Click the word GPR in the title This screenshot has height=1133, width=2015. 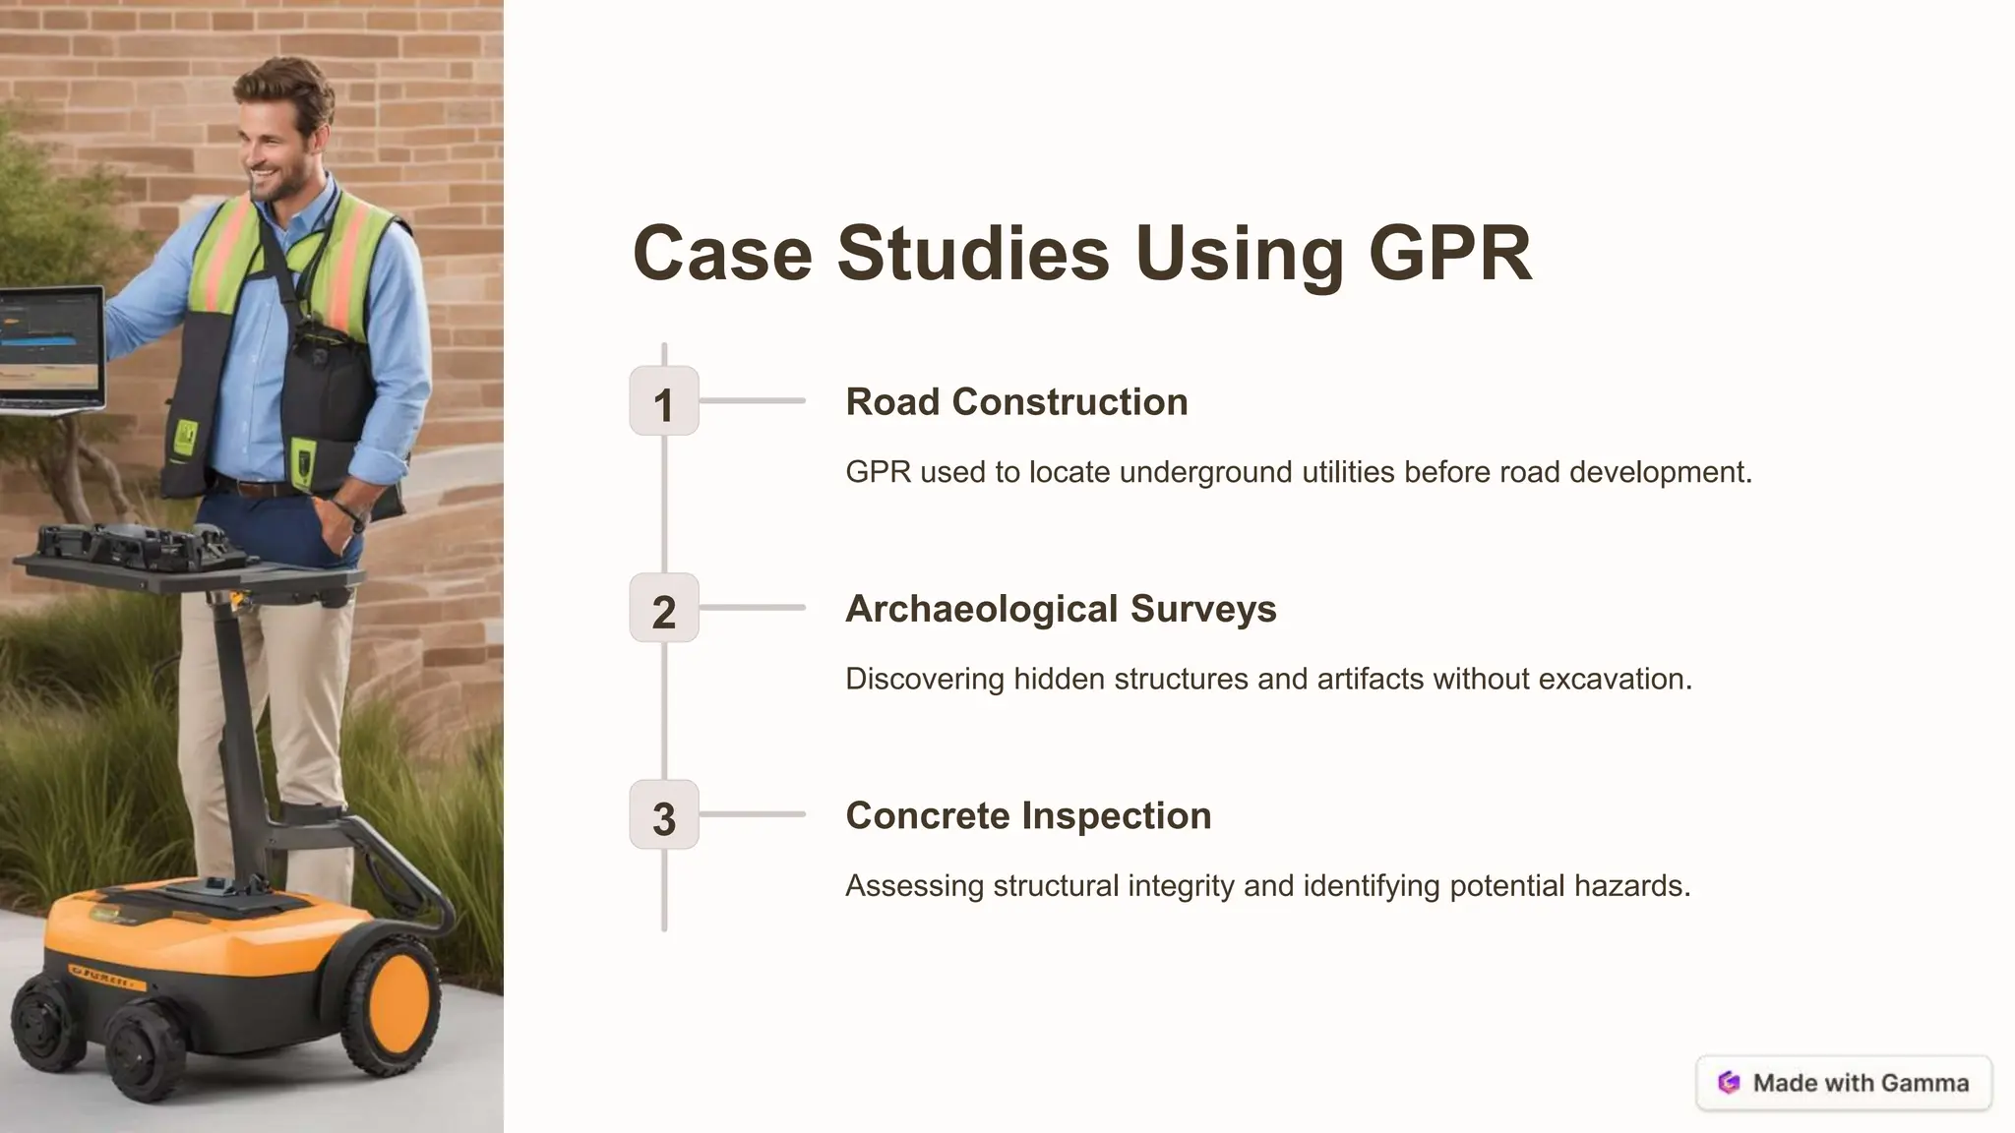coord(1449,254)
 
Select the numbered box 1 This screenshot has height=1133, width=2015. coord(664,401)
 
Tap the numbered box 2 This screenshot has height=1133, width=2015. coord(664,608)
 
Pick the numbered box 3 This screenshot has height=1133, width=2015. coord(664,814)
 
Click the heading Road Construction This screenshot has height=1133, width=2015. coord(1016,402)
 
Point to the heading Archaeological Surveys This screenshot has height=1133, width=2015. coord(1061,609)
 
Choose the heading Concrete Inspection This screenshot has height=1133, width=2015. coord(1028,815)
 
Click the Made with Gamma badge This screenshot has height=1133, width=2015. coord(1844,1083)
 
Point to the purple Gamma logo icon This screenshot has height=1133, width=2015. coord(1729,1083)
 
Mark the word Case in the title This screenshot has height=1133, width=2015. coord(722,254)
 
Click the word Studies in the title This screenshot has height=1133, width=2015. coord(973,254)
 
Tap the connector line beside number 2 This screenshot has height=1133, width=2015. coord(753,608)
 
